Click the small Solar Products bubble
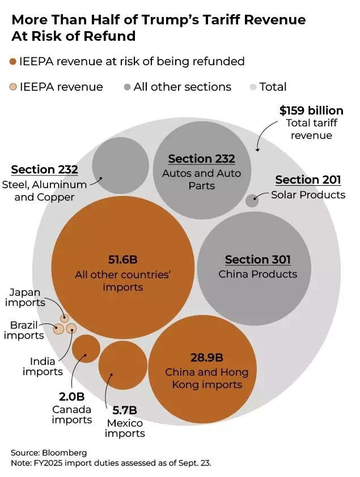(x=252, y=200)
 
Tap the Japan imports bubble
(x=65, y=318)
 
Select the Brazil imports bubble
(x=58, y=328)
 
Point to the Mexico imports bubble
(x=122, y=365)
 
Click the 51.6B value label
(x=122, y=259)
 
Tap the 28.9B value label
(x=206, y=357)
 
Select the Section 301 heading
(x=257, y=259)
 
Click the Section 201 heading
(x=308, y=180)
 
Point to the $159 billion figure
(x=311, y=110)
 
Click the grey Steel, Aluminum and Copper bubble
(x=120, y=165)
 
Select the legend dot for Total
(x=253, y=87)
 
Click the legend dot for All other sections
(x=128, y=87)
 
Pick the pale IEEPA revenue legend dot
(x=13, y=87)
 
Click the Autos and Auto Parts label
(x=201, y=179)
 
